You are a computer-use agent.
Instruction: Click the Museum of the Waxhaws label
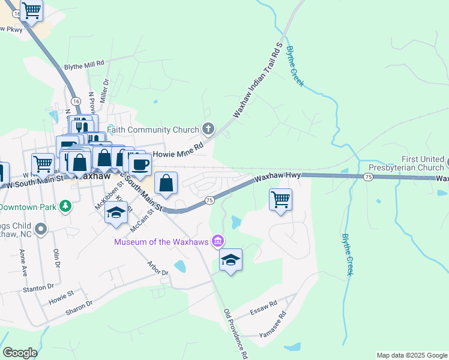161,241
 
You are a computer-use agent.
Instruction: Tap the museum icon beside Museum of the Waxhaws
218,241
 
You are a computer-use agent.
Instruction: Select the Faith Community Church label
152,130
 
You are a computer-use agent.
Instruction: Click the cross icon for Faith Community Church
208,128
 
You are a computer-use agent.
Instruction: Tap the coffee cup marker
140,165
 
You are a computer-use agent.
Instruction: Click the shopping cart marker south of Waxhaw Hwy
281,200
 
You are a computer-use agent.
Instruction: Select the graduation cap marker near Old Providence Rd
231,260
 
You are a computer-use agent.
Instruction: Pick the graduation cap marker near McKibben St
116,212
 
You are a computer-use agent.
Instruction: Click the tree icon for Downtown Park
65,206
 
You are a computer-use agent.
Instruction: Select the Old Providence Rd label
236,334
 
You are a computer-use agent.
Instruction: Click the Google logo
19,353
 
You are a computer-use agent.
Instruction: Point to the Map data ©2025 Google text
411,355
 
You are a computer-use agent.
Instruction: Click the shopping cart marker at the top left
31,10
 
